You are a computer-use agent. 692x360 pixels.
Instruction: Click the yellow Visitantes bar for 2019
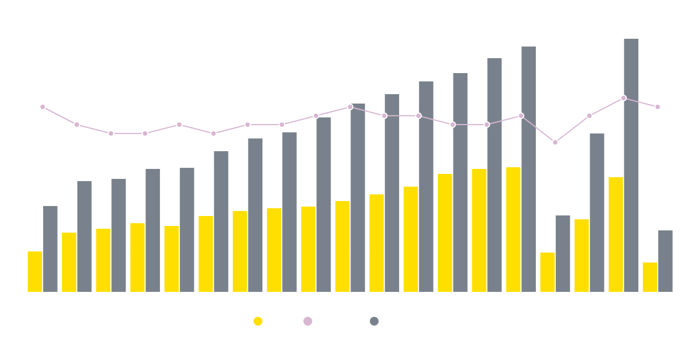(x=513, y=229)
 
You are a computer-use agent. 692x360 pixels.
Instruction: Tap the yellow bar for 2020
(x=548, y=272)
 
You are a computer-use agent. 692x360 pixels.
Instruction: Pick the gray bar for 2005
(x=50, y=249)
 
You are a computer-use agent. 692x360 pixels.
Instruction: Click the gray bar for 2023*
(x=665, y=261)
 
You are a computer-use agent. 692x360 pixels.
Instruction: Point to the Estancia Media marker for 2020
(x=555, y=142)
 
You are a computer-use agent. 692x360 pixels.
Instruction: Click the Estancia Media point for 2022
(x=623, y=98)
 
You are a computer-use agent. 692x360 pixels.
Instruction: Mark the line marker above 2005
(x=43, y=107)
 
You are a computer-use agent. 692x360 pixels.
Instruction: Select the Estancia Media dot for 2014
(x=350, y=107)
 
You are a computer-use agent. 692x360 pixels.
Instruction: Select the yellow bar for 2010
(x=206, y=254)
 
